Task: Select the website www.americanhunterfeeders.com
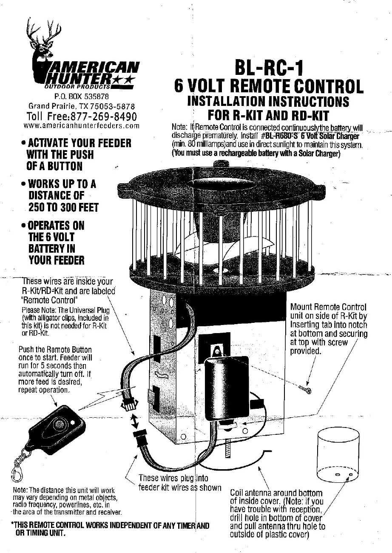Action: (x=82, y=126)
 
